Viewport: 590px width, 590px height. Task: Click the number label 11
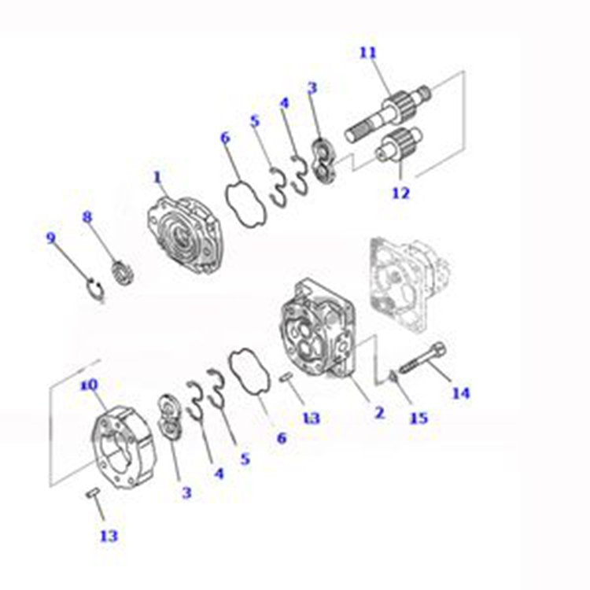pos(368,53)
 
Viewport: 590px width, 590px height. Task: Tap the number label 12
pos(400,192)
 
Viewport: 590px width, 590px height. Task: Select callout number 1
pos(157,178)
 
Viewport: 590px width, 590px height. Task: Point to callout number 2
pos(379,412)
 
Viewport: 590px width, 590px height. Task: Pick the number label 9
pos(52,238)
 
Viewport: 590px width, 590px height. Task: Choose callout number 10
pos(88,385)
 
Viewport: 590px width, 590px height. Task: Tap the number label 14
pos(460,393)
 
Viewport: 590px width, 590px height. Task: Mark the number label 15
pos(419,418)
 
